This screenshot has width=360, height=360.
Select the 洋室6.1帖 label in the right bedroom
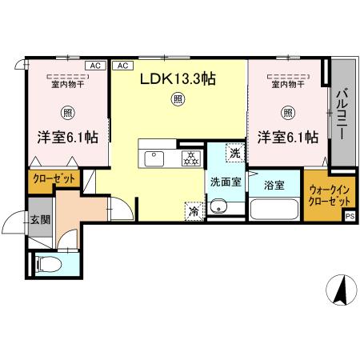click(287, 138)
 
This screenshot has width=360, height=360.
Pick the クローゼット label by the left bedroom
click(53, 179)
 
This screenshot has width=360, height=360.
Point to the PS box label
click(350, 215)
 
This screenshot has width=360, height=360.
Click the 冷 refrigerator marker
click(194, 212)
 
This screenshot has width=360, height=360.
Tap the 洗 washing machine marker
click(235, 153)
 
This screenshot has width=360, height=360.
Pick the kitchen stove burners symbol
click(191, 158)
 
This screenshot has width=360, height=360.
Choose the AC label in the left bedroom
click(94, 66)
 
